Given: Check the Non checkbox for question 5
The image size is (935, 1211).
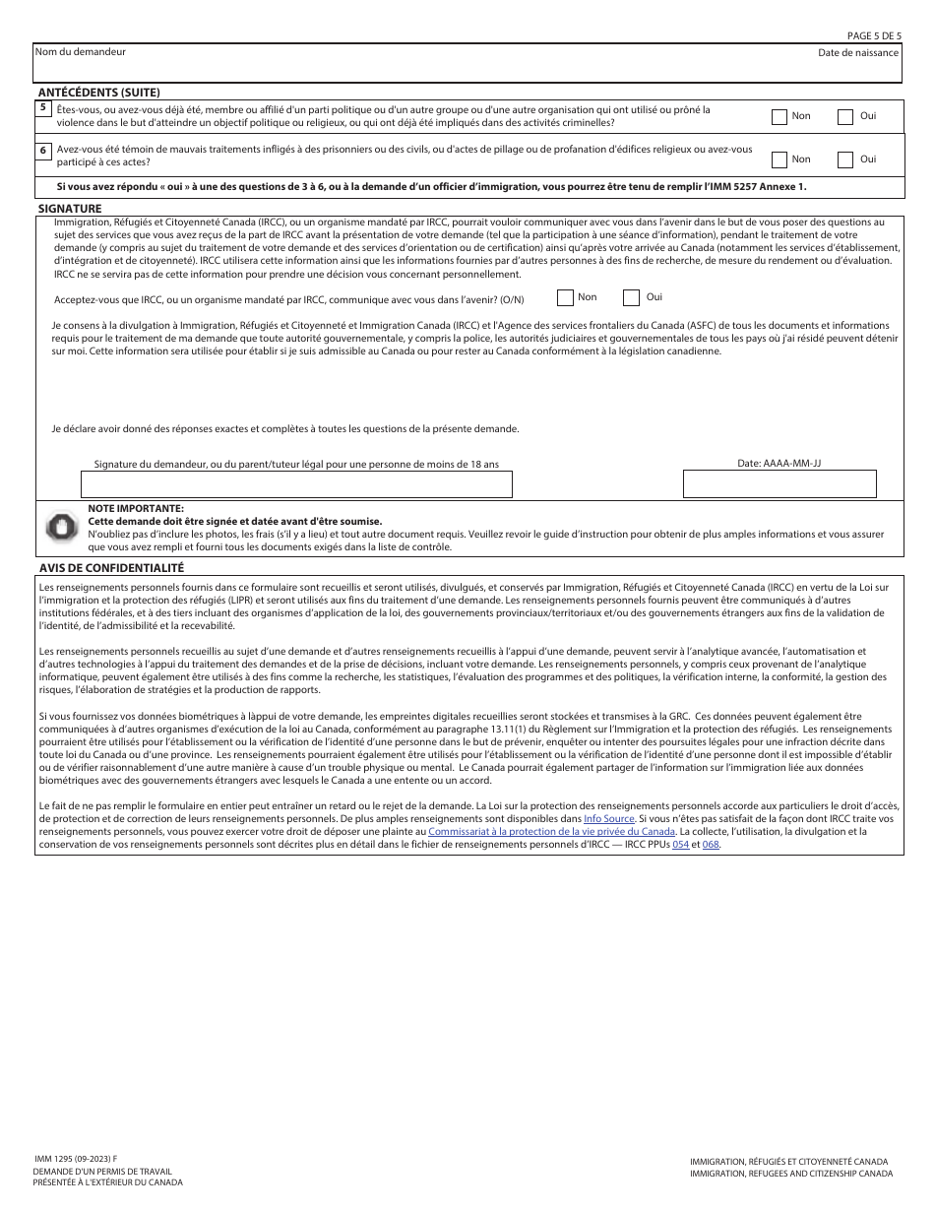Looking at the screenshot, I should pyautogui.click(x=779, y=117).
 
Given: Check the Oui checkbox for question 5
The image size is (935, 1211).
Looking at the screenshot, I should pyautogui.click(x=845, y=117).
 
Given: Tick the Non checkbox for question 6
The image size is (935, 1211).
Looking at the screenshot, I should pyautogui.click(x=779, y=159).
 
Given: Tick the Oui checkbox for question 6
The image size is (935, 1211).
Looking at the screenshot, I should pyautogui.click(x=845, y=159).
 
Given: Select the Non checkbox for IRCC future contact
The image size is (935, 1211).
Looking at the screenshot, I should pyautogui.click(x=565, y=297).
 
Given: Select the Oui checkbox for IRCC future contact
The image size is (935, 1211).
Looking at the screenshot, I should pyautogui.click(x=631, y=297).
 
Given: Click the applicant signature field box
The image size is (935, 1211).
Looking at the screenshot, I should pyautogui.click(x=296, y=483).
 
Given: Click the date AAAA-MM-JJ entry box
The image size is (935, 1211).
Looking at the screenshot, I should pyautogui.click(x=779, y=483).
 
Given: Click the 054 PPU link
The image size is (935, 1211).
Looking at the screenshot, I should pyautogui.click(x=680, y=845).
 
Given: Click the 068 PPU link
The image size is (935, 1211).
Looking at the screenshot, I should pyautogui.click(x=711, y=845).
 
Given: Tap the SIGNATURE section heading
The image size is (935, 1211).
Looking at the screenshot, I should pyautogui.click(x=69, y=210).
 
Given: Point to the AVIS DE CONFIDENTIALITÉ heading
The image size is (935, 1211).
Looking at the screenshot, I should pyautogui.click(x=111, y=568).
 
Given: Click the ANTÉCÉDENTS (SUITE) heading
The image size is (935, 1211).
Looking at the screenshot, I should pyautogui.click(x=98, y=92).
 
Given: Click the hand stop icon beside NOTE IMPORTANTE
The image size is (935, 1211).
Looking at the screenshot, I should pyautogui.click(x=61, y=527).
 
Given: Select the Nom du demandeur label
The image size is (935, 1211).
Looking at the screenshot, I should pyautogui.click(x=80, y=51).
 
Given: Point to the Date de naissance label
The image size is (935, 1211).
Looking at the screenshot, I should pyautogui.click(x=857, y=52).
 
